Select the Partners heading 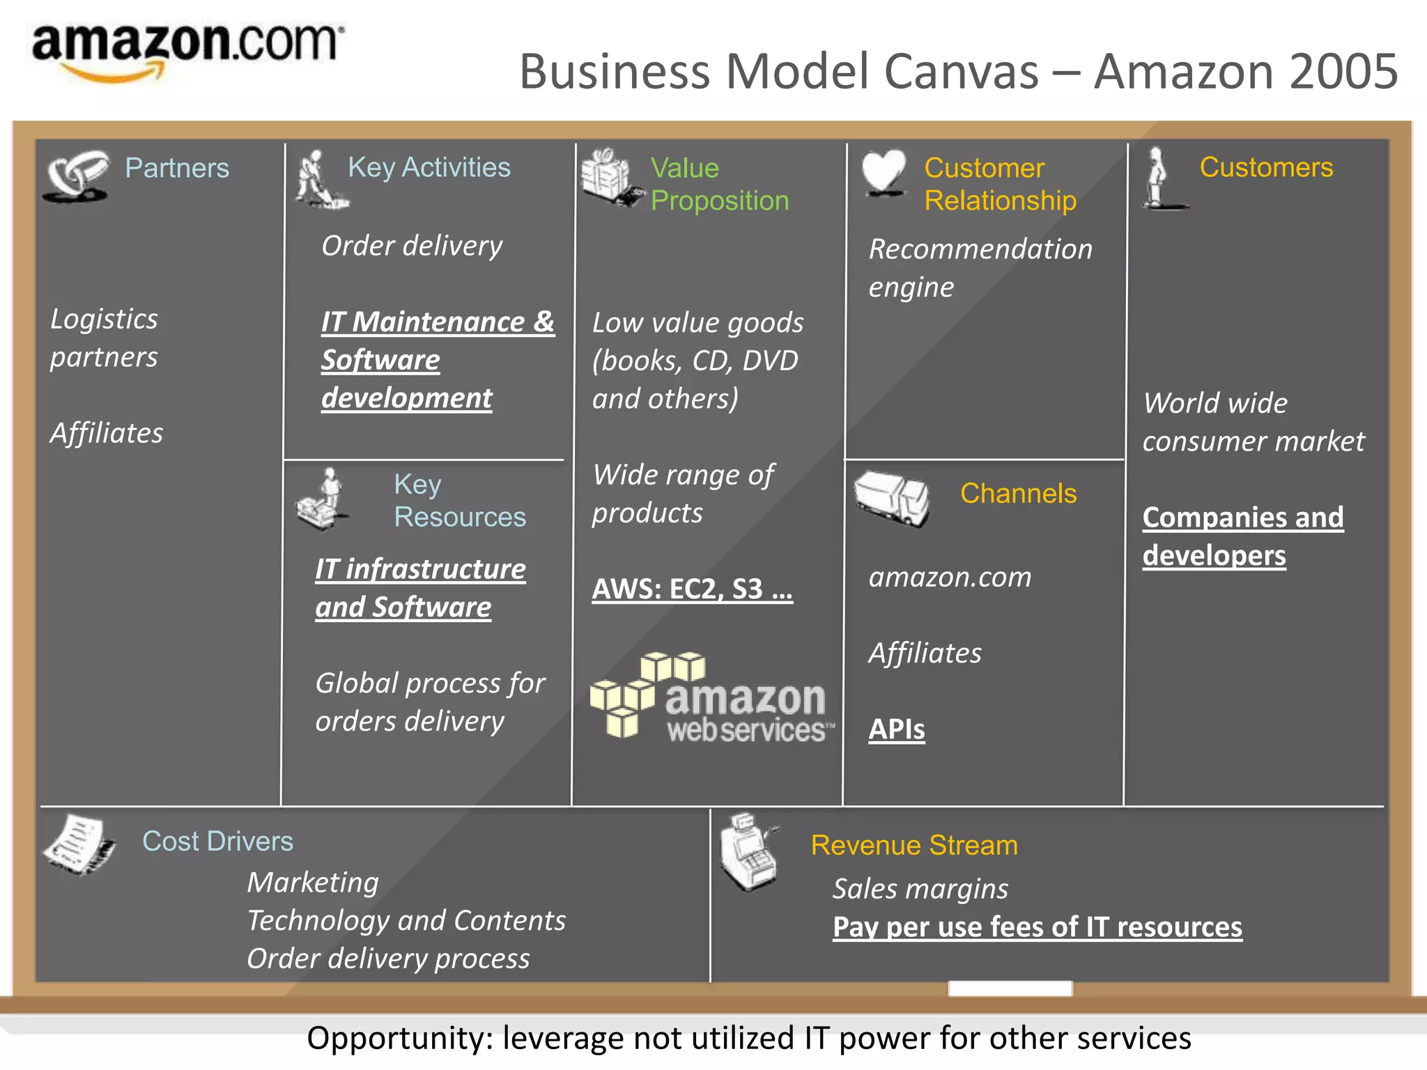177,168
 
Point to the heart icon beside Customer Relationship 884,172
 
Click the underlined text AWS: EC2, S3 692,589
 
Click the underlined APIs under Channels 896,729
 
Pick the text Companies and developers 1242,536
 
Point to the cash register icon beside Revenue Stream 749,852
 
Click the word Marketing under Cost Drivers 313,883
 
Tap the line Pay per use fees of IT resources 1037,927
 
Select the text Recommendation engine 980,268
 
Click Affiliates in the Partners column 107,433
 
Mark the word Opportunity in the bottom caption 400,1038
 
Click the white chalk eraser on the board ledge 1010,988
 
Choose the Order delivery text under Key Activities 412,246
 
